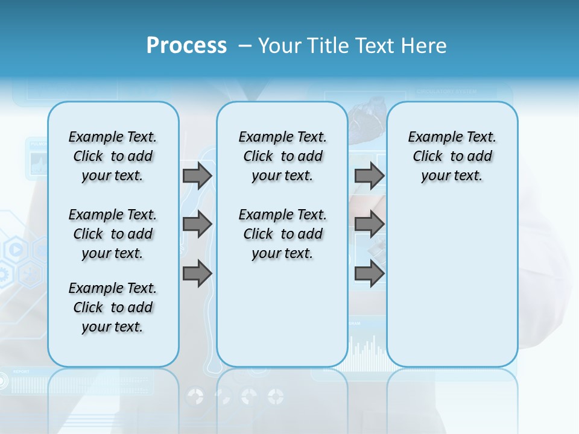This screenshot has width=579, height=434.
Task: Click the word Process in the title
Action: [186, 46]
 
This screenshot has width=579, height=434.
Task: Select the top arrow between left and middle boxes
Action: [197, 175]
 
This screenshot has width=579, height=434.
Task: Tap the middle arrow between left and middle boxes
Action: [197, 224]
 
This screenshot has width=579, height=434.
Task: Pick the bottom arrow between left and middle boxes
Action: [197, 274]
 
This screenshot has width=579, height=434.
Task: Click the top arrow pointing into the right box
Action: [369, 175]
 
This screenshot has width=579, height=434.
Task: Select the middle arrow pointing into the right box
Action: [369, 224]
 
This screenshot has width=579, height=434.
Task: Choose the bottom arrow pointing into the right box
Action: [369, 274]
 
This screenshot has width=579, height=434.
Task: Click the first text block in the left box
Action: [113, 156]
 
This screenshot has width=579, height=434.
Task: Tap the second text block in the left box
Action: [113, 234]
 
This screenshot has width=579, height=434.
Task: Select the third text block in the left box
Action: [113, 307]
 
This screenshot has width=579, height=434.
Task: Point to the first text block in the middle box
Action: [282, 156]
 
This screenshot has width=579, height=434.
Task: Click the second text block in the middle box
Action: [282, 234]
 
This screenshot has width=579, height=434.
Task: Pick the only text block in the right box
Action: [452, 156]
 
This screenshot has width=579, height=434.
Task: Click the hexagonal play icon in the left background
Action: [16, 249]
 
